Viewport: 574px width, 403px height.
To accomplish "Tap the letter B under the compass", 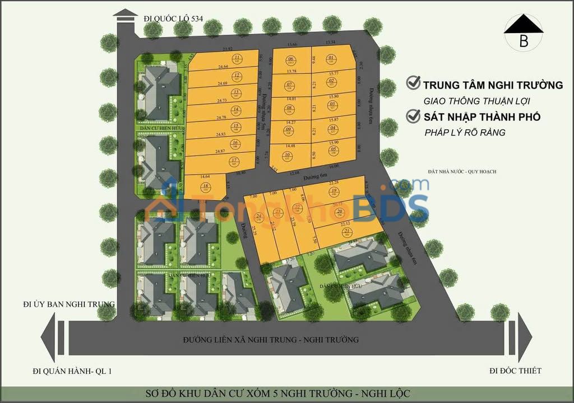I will pyautogui.click(x=524, y=40).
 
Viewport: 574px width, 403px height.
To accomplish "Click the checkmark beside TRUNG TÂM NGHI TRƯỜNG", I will pyautogui.click(x=414, y=83).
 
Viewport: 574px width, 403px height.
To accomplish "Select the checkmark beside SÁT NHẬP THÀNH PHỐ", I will pyautogui.click(x=414, y=116).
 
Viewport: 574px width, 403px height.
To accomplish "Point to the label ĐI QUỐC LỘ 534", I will pyautogui.click(x=173, y=18).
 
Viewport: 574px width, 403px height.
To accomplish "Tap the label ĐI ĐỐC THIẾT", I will pyautogui.click(x=515, y=370).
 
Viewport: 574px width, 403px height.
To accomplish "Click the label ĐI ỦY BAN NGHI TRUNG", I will pyautogui.click(x=69, y=304).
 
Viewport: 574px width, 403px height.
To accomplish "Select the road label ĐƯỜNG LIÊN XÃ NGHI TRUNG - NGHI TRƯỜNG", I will pyautogui.click(x=271, y=339).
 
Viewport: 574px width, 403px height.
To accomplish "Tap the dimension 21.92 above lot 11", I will pyautogui.click(x=227, y=49).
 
